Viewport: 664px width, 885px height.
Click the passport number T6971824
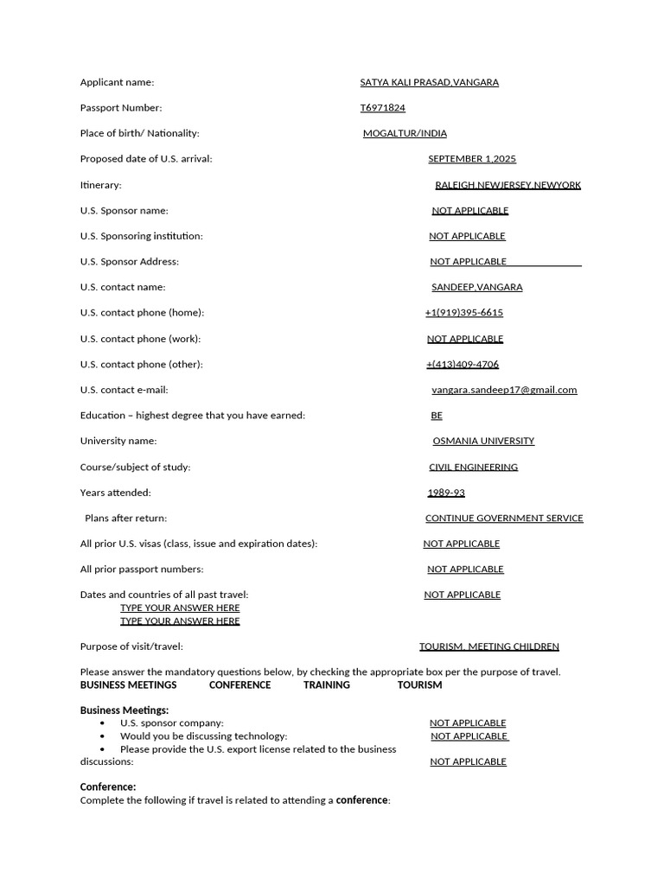coord(382,108)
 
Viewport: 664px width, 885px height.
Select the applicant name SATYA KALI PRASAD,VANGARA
coord(429,82)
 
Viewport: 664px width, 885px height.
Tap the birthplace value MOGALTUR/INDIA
coord(405,133)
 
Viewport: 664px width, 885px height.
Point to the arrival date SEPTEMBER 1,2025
coord(472,159)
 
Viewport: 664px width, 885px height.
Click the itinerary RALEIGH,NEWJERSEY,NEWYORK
coord(508,185)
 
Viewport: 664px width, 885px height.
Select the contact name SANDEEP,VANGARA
coord(476,287)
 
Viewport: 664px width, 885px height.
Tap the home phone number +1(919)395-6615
coord(464,313)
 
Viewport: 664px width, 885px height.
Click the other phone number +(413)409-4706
coord(463,364)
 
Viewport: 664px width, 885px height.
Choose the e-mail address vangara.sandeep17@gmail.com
coord(504,390)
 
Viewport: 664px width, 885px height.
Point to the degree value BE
coord(437,416)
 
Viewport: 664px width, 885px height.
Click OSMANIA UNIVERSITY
coord(483,441)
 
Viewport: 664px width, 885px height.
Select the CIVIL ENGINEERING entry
coord(473,467)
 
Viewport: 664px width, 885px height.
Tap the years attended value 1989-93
coord(446,493)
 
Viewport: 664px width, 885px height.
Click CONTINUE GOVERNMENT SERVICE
coord(504,519)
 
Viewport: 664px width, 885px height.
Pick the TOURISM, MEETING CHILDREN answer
coord(489,646)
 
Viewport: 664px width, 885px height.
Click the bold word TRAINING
coord(327,684)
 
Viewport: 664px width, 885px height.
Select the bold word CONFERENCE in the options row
coord(239,684)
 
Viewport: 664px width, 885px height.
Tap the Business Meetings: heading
coord(124,710)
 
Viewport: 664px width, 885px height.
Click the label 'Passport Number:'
coord(121,108)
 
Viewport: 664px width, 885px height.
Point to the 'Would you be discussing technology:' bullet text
coord(203,736)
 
